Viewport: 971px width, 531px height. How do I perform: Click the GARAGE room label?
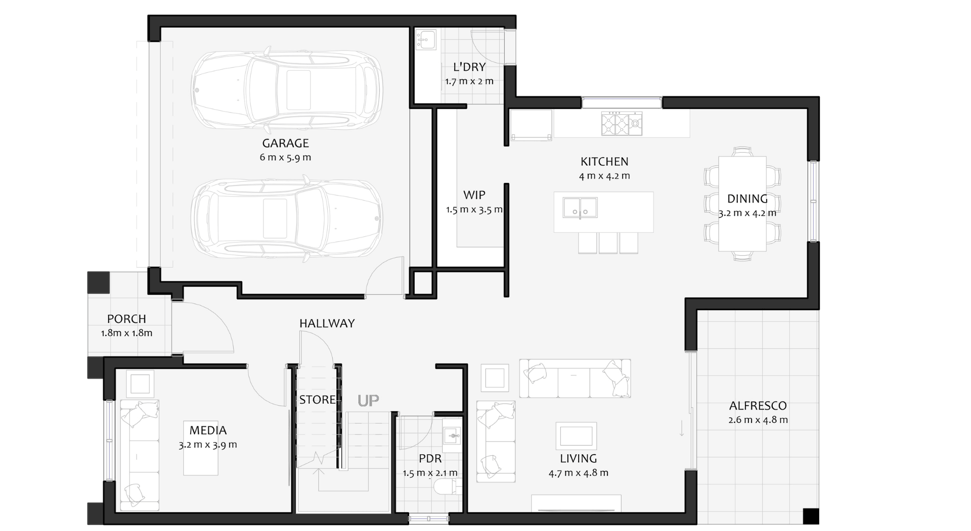coord(285,143)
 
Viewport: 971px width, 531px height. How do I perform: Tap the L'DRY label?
coord(469,67)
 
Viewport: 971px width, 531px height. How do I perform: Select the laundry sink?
coord(425,39)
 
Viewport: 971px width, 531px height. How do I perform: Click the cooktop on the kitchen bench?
coord(622,124)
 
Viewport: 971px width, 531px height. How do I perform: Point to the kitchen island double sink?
coord(580,208)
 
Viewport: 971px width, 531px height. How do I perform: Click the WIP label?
coord(474,195)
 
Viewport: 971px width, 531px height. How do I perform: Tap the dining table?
coord(742,204)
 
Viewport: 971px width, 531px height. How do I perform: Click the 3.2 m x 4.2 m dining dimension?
coord(747,213)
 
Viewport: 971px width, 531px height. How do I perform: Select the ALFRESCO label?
coord(758,406)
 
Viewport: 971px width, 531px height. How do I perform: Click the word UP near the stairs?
coord(368,401)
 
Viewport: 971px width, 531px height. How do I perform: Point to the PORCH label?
coord(126,319)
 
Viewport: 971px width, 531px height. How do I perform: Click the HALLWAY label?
coord(327,323)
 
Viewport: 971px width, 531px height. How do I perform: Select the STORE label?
coord(317,400)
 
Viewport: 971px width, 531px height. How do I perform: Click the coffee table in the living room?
coord(576,436)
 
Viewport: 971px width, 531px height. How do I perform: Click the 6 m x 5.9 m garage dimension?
coord(285,158)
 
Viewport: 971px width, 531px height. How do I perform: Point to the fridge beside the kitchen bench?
coord(531,125)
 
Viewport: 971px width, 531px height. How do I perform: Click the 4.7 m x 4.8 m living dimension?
coord(579,473)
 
